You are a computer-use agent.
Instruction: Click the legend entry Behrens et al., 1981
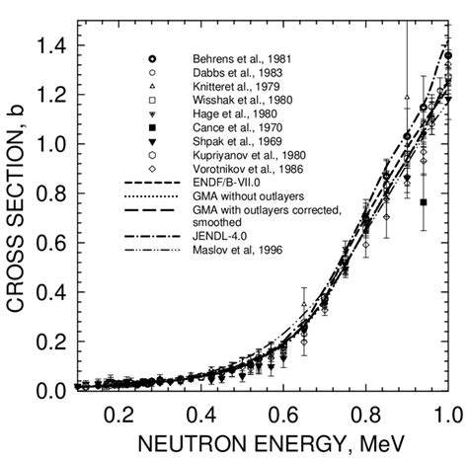click(233, 60)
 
